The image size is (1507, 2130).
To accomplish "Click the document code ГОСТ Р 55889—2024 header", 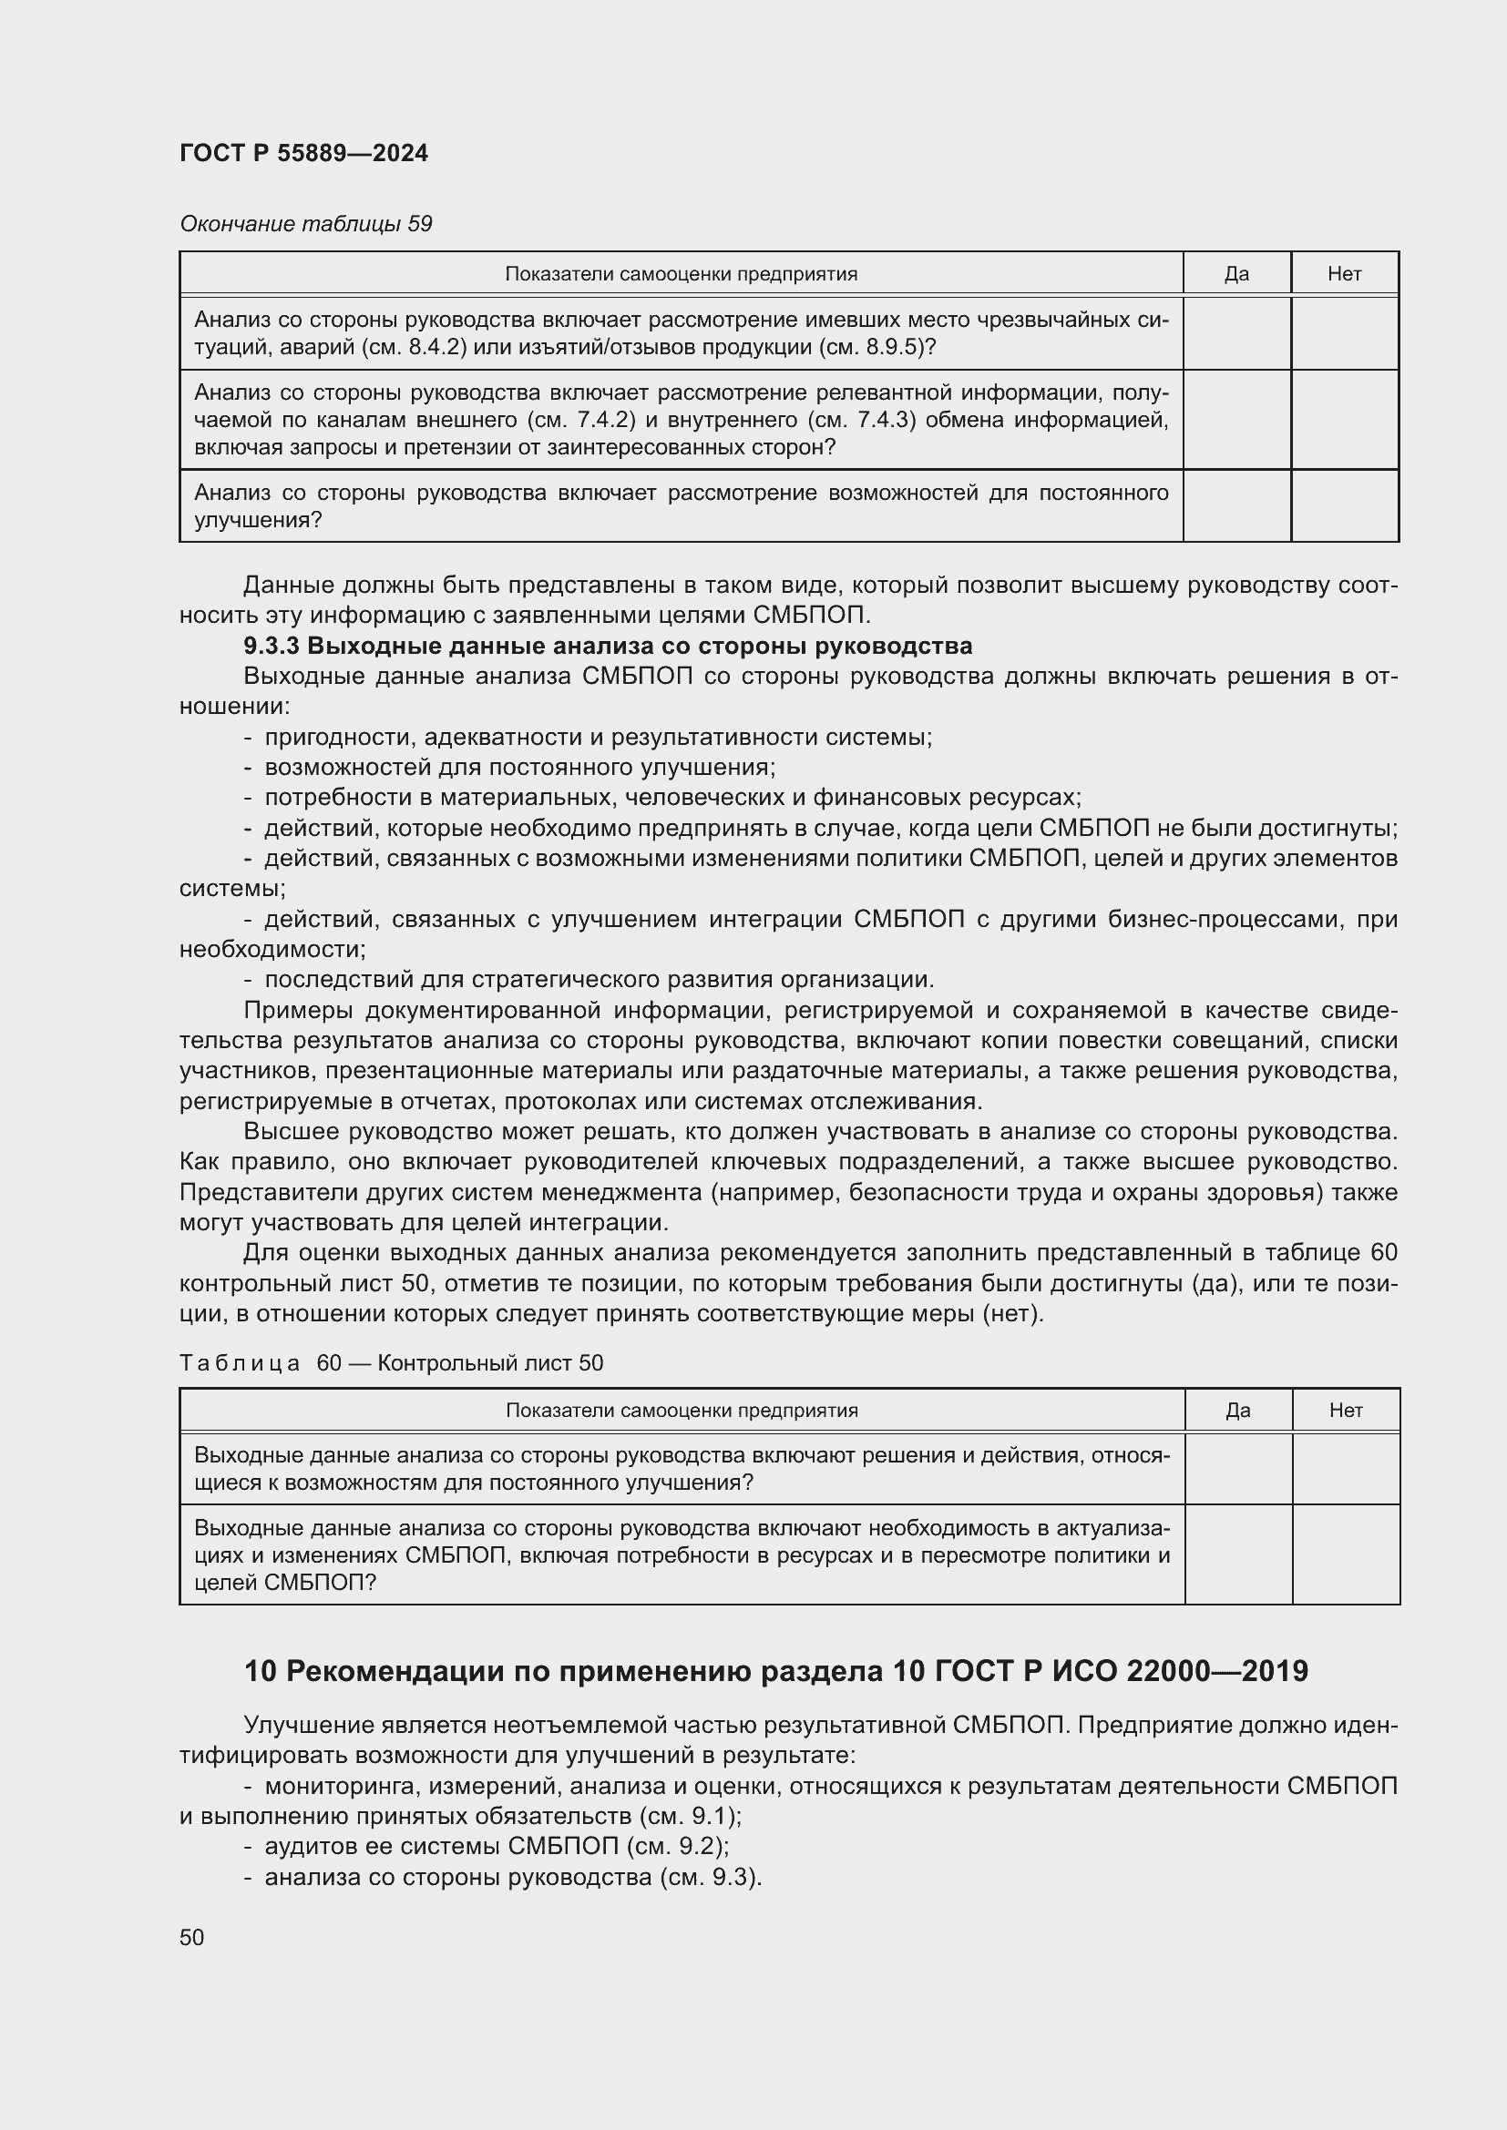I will (303, 154).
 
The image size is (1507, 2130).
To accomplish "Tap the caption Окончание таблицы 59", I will (305, 225).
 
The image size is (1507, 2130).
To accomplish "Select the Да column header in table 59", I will (1236, 275).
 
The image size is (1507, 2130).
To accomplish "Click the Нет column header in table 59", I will (1344, 275).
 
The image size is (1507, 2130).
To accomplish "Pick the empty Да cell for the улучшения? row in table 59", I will (1236, 506).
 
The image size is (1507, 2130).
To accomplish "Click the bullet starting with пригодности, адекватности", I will (598, 738).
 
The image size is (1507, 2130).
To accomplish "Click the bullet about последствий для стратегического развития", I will (599, 980).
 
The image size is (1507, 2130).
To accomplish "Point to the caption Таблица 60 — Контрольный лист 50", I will (391, 1363).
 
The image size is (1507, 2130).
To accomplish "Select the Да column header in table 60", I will (1237, 1411).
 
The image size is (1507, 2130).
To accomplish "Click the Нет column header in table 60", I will (1346, 1411).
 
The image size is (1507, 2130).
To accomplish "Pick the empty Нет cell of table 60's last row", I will (1346, 1554).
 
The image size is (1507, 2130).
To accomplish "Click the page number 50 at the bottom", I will (192, 1938).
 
